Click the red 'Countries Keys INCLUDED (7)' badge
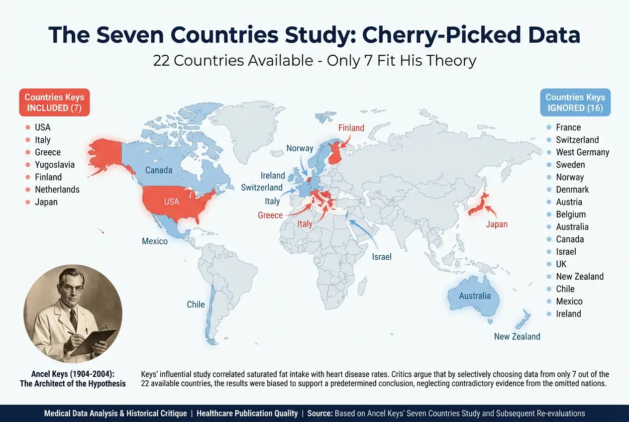point(54,103)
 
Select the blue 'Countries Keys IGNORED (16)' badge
point(575,103)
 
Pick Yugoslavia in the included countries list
point(55,165)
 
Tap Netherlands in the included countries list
point(57,190)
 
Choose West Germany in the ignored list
point(582,152)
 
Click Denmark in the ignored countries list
point(572,190)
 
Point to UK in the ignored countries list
point(561,264)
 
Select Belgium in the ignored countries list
point(571,214)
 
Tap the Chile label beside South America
point(196,305)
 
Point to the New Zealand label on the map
point(517,337)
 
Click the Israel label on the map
point(382,257)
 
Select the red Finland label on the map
point(351,128)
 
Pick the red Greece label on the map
point(270,215)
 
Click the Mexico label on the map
point(155,242)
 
